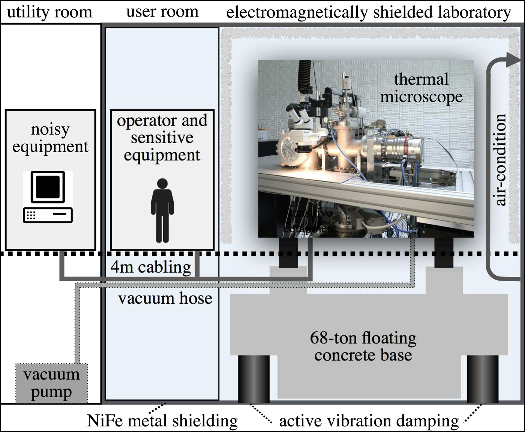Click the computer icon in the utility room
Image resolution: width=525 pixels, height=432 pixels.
(48, 197)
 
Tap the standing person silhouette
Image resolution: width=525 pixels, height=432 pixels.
(162, 210)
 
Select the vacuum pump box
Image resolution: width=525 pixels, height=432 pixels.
(51, 383)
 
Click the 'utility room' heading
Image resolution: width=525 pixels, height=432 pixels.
(49, 12)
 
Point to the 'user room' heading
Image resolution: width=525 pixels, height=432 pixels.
(162, 11)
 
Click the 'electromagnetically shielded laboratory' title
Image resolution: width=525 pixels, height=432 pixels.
(368, 12)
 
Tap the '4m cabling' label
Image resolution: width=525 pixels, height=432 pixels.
(151, 267)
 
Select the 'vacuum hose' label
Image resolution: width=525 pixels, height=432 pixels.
(165, 298)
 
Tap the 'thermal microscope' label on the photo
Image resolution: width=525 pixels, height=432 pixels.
(421, 88)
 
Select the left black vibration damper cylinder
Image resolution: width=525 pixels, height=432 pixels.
(254, 378)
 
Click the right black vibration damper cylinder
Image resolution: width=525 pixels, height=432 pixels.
(483, 378)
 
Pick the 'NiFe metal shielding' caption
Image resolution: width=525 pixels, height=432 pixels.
(162, 421)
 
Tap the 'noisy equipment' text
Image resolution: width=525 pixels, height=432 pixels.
(50, 138)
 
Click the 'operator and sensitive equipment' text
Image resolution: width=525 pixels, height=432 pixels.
(162, 138)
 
